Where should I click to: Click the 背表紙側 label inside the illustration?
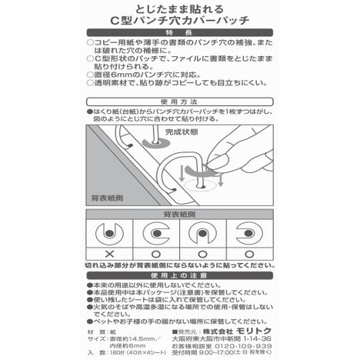(108, 197)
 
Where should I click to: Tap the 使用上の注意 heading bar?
(180, 275)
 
